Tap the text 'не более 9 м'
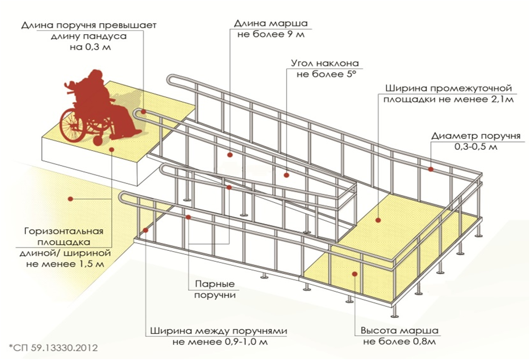271,34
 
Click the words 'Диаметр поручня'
475,136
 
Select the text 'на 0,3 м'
90,47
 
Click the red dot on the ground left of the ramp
71,199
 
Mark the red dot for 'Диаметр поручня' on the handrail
431,169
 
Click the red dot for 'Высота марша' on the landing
354,274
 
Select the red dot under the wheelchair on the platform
112,149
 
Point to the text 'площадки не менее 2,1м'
448,100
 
